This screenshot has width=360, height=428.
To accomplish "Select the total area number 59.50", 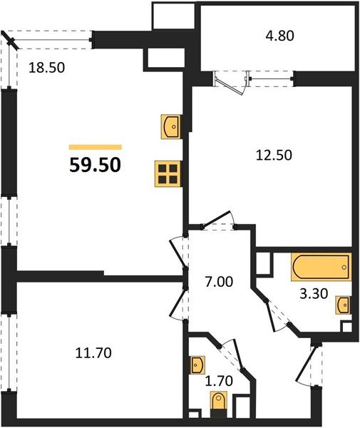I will (95, 165).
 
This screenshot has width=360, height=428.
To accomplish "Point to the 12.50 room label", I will (274, 154).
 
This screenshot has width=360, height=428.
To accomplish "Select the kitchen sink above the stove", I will (171, 126).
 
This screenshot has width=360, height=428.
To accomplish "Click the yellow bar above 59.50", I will (95, 146).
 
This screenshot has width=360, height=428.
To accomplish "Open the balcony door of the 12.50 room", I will (230, 79).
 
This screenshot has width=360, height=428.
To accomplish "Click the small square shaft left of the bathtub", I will (264, 263).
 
